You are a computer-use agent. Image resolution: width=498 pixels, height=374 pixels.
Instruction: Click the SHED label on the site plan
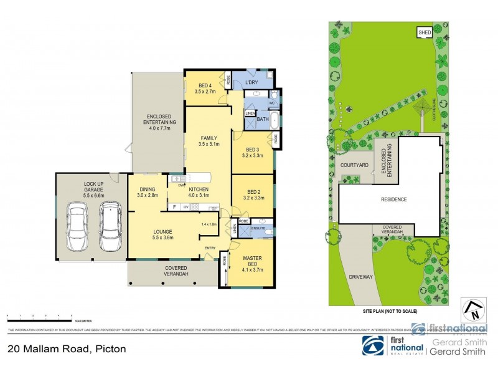point(425,32)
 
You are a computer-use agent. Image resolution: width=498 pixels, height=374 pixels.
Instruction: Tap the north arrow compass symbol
point(472,310)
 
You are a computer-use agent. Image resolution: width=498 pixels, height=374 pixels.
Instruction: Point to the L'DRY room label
point(252,82)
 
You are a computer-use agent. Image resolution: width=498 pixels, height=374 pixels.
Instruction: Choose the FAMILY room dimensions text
point(208,144)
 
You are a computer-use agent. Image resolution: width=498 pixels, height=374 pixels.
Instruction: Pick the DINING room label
point(148,189)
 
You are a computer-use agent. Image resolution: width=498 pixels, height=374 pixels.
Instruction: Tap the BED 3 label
point(252,150)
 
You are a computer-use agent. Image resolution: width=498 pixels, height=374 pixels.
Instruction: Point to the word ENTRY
point(210,249)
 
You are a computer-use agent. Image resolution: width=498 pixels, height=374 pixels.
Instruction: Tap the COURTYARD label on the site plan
point(355,165)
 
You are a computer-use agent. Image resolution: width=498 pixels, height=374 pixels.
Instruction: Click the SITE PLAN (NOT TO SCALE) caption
point(390,310)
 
